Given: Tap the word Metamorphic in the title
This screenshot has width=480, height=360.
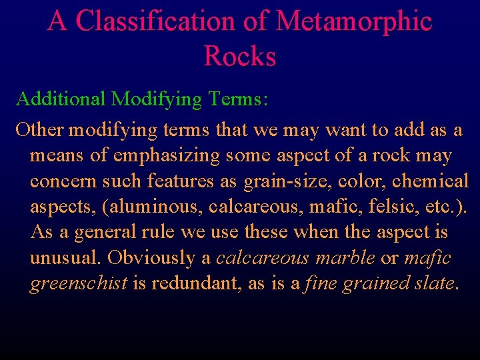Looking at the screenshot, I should [x=353, y=21].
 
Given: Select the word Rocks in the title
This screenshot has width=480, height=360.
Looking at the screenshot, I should [x=240, y=56].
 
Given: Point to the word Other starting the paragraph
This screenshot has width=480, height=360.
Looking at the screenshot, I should [x=39, y=129].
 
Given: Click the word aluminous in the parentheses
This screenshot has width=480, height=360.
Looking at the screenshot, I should [x=157, y=207].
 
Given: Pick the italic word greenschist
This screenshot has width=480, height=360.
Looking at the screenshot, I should [x=79, y=283].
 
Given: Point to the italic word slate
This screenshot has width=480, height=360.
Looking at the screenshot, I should [x=432, y=283].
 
